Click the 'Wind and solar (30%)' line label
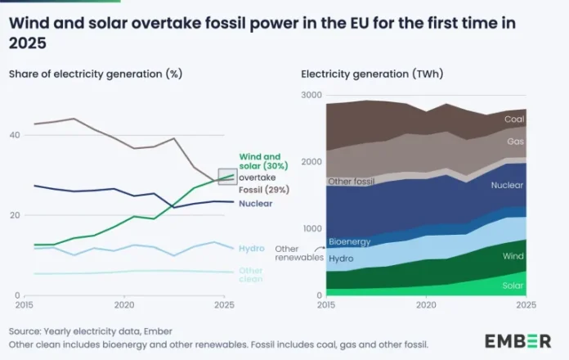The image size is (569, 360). (x=259, y=161)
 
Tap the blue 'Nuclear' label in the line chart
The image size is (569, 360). (x=256, y=203)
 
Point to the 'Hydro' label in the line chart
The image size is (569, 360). (x=251, y=248)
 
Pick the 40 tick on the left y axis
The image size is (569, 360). (x=15, y=135)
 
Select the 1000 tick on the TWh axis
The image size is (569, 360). (x=311, y=229)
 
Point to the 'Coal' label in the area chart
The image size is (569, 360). (x=513, y=119)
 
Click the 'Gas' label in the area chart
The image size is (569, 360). (x=516, y=142)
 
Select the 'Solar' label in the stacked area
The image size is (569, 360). (x=513, y=286)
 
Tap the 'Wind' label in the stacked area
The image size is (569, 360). (x=513, y=256)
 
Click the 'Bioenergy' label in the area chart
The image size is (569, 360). (x=349, y=242)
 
